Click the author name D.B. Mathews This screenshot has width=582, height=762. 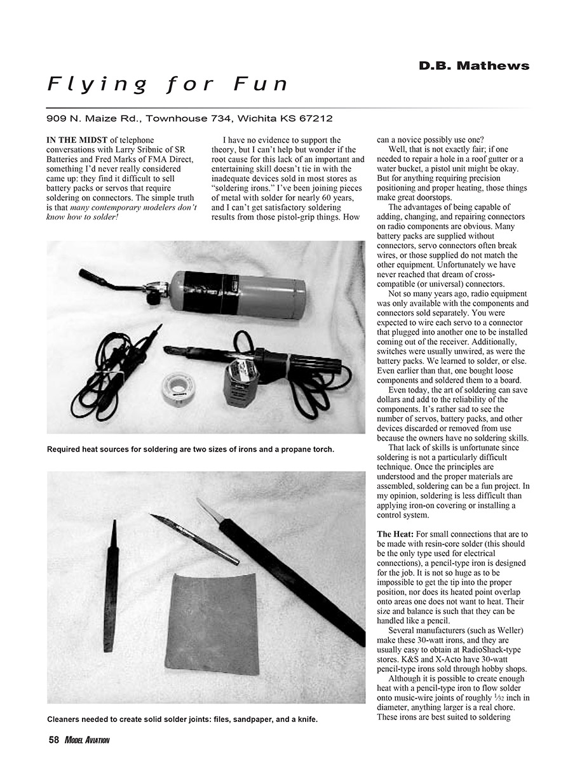[x=473, y=65]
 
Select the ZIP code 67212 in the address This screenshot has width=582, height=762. [x=316, y=118]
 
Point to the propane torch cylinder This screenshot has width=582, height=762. [x=235, y=297]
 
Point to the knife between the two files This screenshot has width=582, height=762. [x=194, y=539]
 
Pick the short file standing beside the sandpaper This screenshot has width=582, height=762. [x=111, y=584]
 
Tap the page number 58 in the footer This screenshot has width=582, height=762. [x=53, y=740]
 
